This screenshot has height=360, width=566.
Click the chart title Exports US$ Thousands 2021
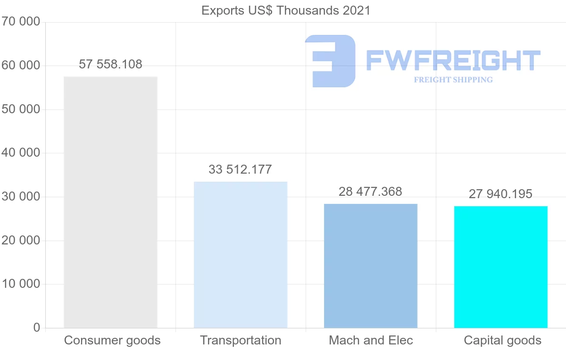286,10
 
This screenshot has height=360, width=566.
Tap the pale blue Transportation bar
241,255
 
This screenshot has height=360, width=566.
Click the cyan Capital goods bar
501,267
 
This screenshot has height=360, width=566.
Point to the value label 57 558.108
110,65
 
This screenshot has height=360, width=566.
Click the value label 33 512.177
241,169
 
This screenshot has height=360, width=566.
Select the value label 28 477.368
371,192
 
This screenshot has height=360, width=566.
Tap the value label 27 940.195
501,194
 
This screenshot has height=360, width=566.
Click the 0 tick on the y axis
37,328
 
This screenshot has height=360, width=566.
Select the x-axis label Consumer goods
112,340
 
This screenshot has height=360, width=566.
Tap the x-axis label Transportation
241,340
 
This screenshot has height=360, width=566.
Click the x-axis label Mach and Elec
371,340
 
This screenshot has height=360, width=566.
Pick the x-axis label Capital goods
503,340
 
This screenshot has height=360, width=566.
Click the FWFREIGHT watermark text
453,60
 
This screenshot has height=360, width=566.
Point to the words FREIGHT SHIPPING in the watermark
453,80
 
